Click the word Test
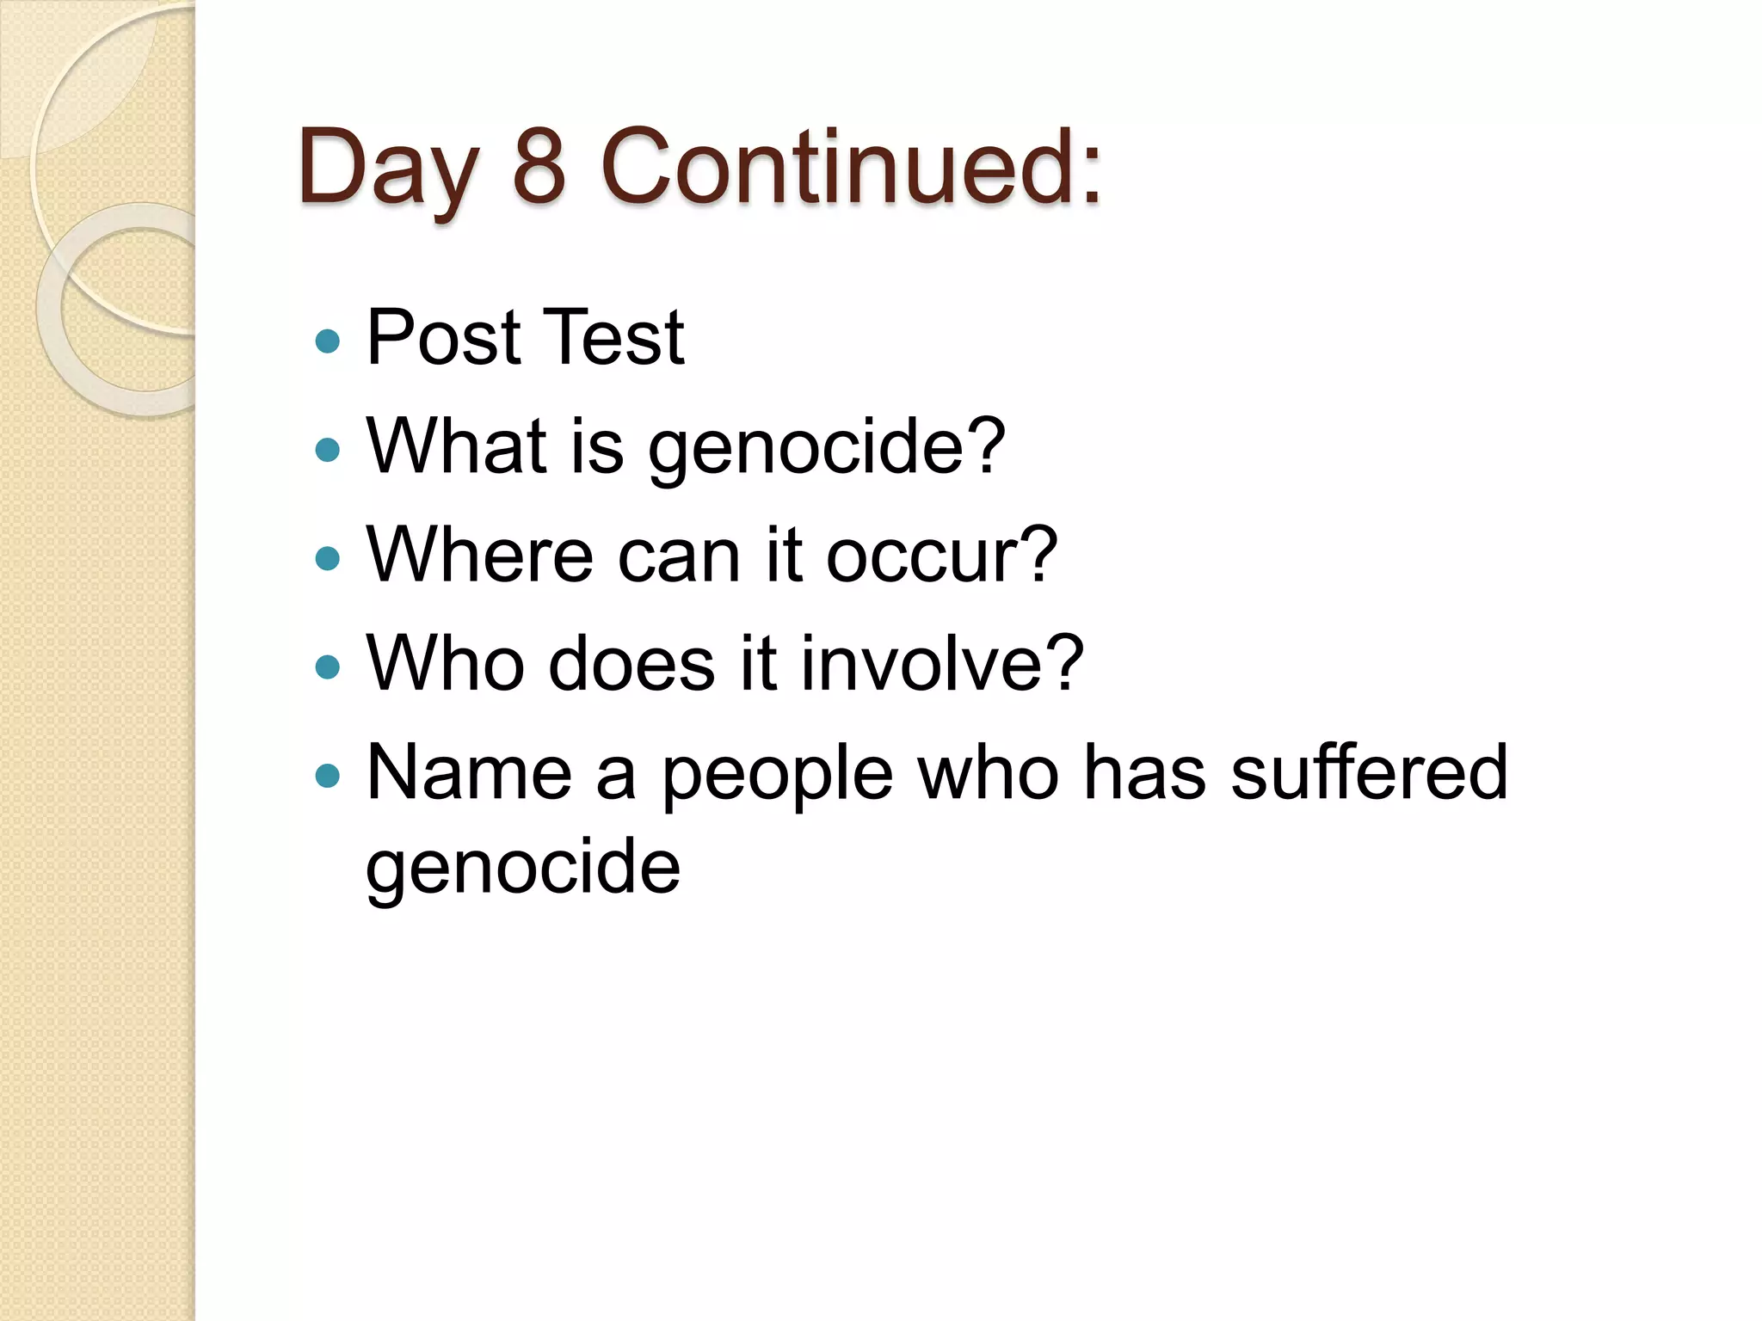tap(614, 337)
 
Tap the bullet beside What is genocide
tap(328, 450)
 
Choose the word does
tap(631, 664)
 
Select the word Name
tap(469, 773)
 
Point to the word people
tap(777, 777)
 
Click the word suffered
tap(1369, 771)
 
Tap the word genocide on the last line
tap(523, 869)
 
